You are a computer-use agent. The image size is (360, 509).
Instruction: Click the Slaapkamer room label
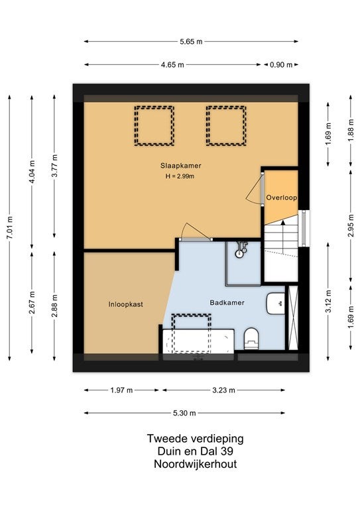[180, 166]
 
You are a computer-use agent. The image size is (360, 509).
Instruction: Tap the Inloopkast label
[125, 304]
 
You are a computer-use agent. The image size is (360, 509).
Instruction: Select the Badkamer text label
[227, 303]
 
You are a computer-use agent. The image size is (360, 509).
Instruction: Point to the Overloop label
[282, 198]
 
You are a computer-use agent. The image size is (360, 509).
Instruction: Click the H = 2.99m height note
[180, 176]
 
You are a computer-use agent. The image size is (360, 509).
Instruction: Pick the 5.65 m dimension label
[191, 42]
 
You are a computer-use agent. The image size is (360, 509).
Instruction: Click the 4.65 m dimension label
[172, 65]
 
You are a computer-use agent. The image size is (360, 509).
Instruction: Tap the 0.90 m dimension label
[281, 65]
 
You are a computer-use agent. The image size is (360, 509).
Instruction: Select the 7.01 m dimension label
[10, 227]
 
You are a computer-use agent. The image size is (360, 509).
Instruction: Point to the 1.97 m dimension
[121, 390]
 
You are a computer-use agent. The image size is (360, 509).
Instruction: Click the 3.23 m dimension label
[223, 390]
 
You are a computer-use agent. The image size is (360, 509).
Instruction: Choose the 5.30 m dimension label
[184, 414]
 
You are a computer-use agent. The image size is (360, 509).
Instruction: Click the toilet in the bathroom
[251, 339]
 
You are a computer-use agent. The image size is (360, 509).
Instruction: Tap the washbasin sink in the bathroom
[276, 304]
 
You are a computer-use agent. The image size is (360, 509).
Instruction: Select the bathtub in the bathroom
[198, 341]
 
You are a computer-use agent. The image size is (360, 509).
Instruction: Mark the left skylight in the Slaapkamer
[154, 126]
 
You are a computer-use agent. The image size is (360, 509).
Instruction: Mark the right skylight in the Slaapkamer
[226, 126]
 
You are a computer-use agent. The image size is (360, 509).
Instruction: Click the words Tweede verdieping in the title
[195, 439]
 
